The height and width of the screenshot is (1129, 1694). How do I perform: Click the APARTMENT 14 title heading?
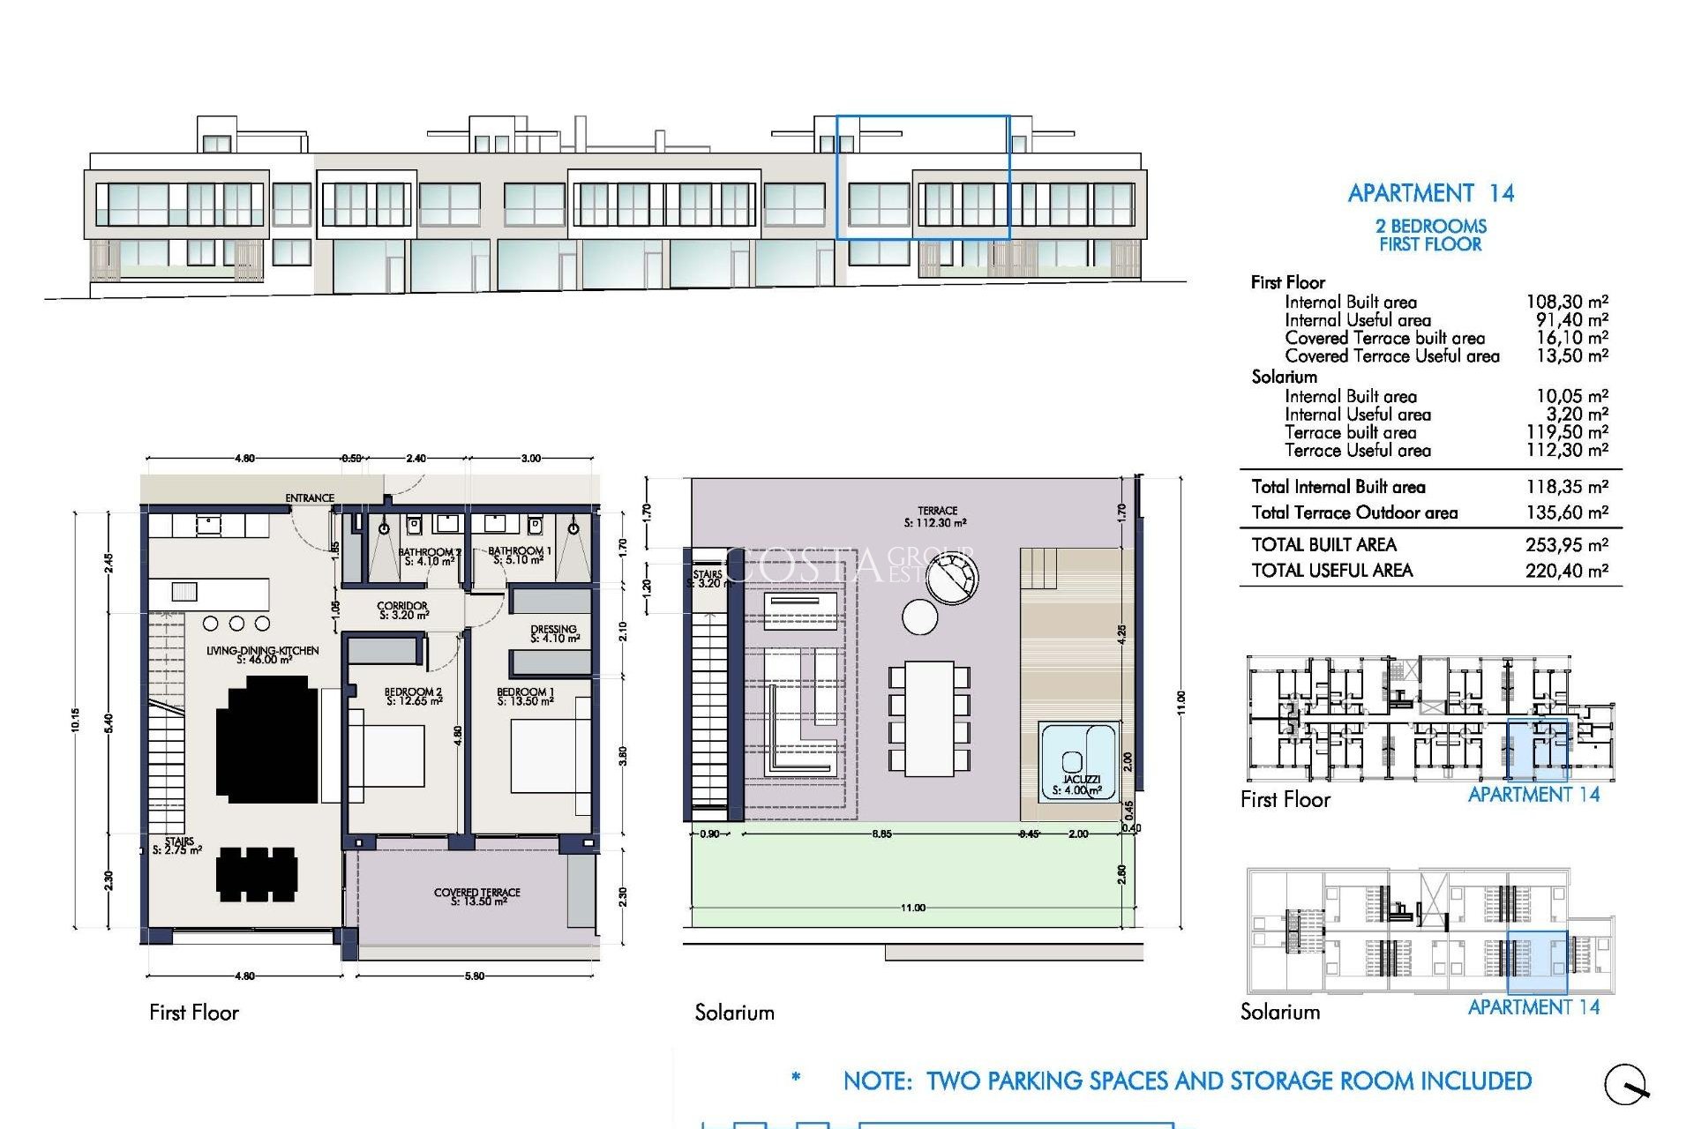1430,193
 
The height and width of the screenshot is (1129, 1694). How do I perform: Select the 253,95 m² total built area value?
1566,545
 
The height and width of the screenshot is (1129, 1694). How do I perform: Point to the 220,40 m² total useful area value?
1566,571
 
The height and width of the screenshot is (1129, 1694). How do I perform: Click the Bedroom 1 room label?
525,697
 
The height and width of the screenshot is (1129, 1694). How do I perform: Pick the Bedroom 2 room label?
413,697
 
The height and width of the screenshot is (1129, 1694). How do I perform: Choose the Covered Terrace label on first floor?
477,896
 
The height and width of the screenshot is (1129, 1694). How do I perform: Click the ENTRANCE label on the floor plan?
310,498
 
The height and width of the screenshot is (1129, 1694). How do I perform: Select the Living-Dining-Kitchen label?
263,654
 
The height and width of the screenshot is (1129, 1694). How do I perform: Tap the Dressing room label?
554,633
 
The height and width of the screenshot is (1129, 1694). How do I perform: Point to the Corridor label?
402,610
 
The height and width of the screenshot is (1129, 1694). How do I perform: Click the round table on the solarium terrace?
919,617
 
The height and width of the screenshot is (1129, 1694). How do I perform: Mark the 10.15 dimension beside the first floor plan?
76,721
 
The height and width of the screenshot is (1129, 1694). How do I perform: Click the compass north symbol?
1625,1084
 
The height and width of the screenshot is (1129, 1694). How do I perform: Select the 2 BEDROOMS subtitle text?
1430,226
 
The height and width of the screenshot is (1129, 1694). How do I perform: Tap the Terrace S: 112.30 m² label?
936,517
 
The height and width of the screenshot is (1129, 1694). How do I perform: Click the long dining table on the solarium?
929,719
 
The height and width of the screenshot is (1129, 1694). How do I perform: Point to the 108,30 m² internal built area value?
1566,303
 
